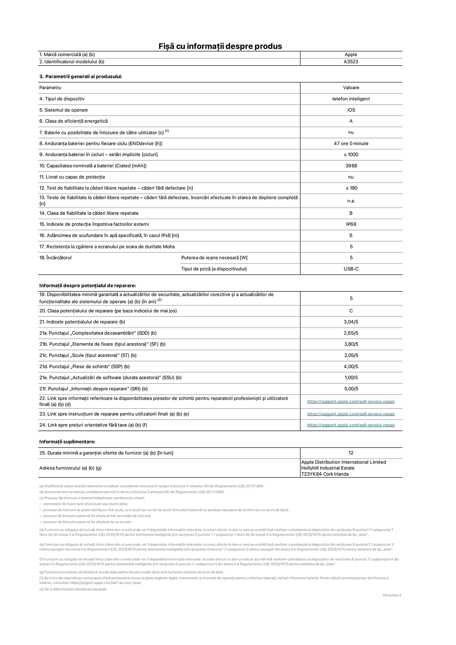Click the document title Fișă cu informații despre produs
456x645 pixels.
click(220, 46)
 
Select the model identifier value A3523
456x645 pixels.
click(351, 62)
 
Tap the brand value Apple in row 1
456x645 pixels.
click(351, 55)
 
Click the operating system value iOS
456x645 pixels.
click(351, 110)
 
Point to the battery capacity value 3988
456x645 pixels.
click(351, 166)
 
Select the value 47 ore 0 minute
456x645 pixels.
click(351, 143)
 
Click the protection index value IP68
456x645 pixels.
click(351, 224)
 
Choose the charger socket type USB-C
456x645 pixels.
click(351, 269)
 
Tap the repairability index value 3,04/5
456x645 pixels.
click(351, 322)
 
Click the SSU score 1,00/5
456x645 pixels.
click(351, 378)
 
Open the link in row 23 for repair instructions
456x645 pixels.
click(351, 414)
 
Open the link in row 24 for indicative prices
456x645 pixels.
click(351, 425)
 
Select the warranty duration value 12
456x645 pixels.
click(351, 453)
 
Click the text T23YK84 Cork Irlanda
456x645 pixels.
click(325, 474)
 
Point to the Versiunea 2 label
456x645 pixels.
click(391, 595)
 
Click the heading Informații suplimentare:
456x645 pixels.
click(67, 442)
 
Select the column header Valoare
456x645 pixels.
click(351, 88)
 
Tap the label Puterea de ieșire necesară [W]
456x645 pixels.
click(214, 258)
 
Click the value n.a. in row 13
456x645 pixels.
click(351, 201)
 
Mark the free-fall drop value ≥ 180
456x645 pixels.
click(351, 188)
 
